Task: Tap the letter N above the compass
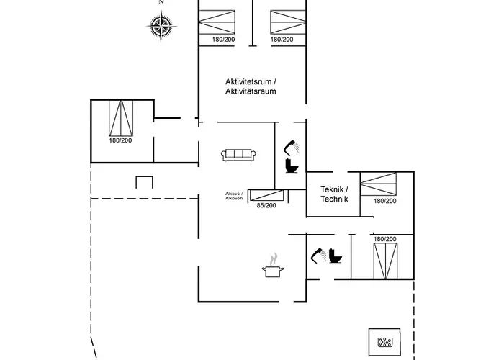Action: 162,3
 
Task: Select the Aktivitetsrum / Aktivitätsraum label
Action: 250,87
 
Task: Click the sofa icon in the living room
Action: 238,154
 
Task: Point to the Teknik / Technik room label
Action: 334,194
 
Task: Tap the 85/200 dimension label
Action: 266,206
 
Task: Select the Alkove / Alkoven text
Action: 234,196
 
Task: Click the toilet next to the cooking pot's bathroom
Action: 335,256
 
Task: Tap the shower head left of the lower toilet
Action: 317,255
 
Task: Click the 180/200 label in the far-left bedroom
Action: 120,140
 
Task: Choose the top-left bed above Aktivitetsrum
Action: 224,19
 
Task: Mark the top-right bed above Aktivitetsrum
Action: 282,19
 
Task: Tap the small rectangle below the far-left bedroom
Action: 145,181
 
